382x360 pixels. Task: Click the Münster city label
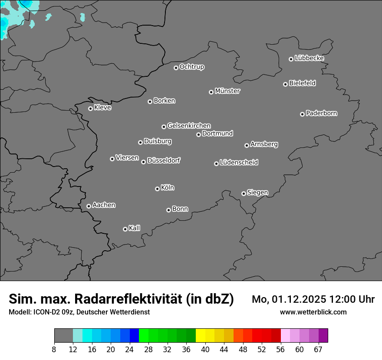(227, 91)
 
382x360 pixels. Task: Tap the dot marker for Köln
(157, 189)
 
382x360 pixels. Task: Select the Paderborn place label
(322, 113)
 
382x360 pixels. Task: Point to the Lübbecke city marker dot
(291, 59)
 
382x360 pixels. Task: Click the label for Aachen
(104, 205)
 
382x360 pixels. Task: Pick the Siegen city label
(257, 193)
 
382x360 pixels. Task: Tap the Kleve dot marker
(90, 108)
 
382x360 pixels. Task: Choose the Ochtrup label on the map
(192, 67)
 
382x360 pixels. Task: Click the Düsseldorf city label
(164, 160)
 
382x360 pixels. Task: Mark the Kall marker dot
(125, 229)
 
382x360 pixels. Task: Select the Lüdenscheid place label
(239, 163)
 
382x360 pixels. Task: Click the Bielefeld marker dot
(285, 84)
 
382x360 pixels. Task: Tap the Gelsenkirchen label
(189, 126)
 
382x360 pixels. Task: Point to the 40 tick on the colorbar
(205, 349)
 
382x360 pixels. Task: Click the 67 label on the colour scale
(318, 349)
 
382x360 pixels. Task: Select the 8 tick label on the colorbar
(54, 349)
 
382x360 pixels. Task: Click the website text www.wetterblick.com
(313, 312)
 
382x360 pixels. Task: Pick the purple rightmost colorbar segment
(323, 335)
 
